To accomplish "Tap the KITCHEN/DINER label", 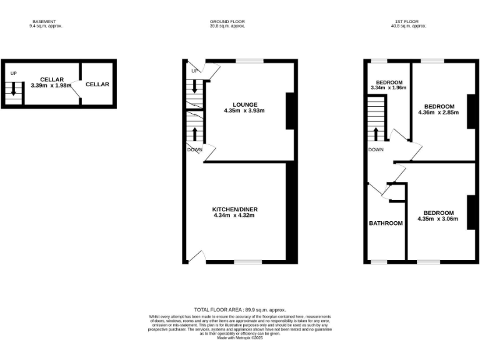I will point(234,209).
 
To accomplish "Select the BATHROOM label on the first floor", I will point(386,224).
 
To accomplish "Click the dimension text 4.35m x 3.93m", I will point(244,111).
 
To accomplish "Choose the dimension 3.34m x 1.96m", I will point(388,88).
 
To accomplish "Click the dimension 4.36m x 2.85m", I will point(438,112).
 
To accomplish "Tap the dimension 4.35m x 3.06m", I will point(437,219).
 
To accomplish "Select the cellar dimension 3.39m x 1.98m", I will point(52,85).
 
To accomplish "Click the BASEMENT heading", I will point(43,22).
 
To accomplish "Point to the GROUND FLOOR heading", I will point(227,22).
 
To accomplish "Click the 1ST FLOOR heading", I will point(409,22).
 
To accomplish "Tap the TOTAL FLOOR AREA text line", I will point(240,310).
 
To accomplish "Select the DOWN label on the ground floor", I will point(194,150).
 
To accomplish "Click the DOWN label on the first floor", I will point(376,150).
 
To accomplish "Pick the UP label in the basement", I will point(14,74).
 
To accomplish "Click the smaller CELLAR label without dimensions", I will point(97,84).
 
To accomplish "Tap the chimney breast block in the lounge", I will point(289,111).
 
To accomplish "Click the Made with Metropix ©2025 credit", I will point(240,338).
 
